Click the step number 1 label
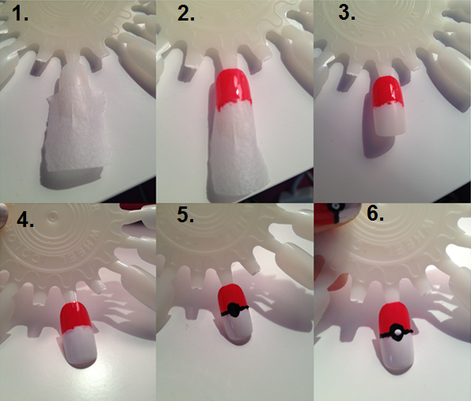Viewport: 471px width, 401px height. tap(20, 13)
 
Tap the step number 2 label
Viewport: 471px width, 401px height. tap(186, 13)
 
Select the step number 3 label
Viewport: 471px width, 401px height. tap(347, 13)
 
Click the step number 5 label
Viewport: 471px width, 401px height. tap(185, 215)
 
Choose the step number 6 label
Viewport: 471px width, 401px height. tap(375, 214)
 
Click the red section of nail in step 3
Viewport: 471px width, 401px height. tap(387, 92)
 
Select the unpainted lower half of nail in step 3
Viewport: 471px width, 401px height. tap(389, 119)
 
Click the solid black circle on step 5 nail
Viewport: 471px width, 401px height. tap(233, 309)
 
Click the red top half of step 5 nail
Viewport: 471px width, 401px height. tap(232, 297)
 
